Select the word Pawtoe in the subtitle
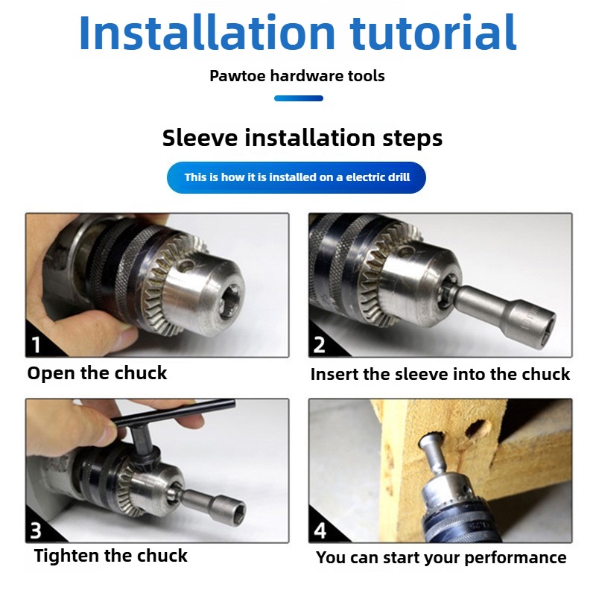point(237,76)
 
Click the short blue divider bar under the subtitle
point(299,98)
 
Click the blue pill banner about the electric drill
point(297,177)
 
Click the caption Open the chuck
point(98,373)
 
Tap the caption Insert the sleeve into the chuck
point(440,374)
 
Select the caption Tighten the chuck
point(110,556)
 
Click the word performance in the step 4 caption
point(516,558)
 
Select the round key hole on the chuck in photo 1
point(186,265)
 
